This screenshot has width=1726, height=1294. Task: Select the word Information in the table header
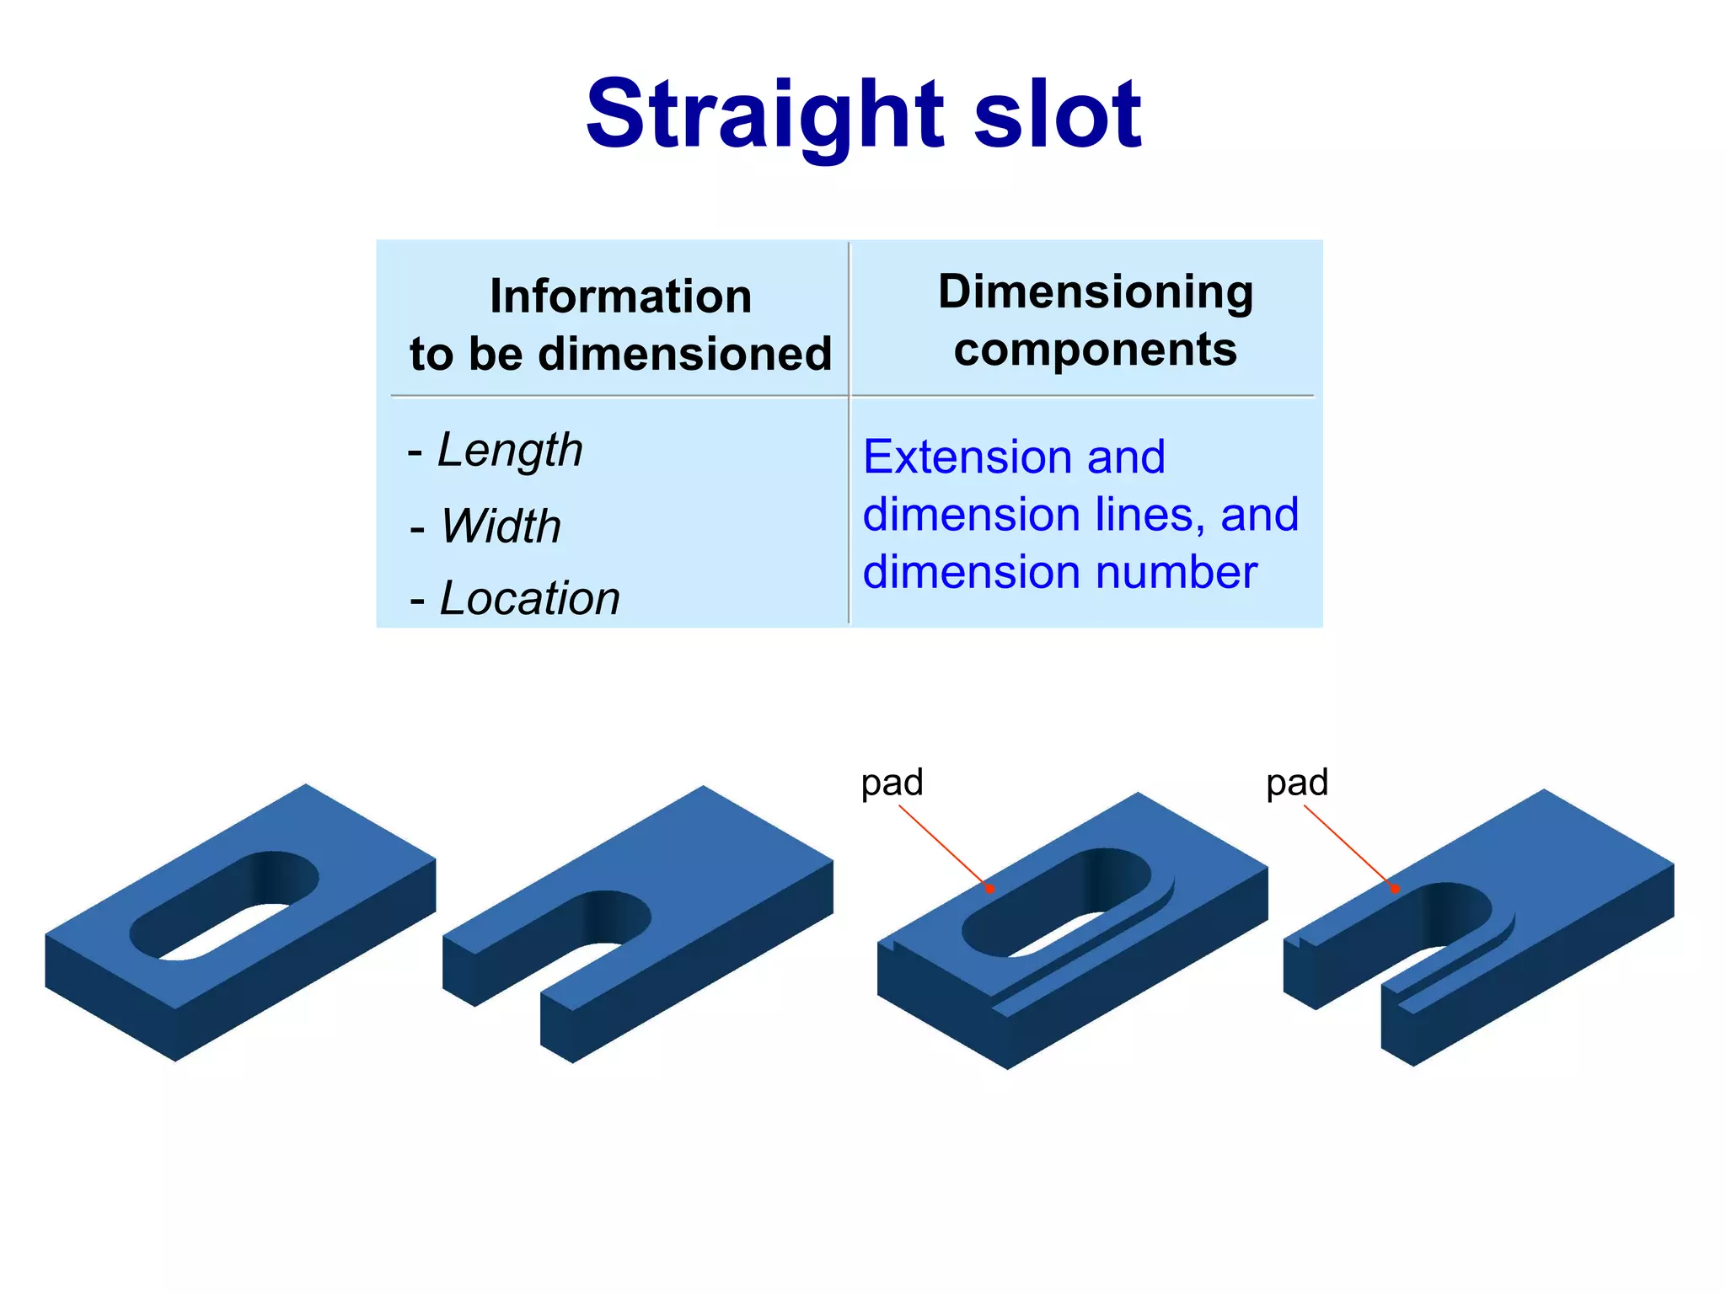[x=620, y=297]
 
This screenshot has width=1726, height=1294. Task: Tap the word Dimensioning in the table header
[x=1095, y=292]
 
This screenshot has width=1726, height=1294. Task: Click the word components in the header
[x=1095, y=350]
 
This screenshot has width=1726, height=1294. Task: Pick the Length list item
[x=509, y=450]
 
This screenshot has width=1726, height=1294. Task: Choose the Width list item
[x=500, y=527]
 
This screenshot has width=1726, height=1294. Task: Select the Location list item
[x=529, y=598]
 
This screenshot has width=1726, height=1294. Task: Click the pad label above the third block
[x=892, y=783]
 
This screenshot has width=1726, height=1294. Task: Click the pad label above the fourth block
[x=1297, y=783]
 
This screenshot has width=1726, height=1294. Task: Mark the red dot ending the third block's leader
[x=990, y=889]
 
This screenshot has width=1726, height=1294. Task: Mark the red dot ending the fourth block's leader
[x=1396, y=889]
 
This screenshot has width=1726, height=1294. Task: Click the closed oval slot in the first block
[x=224, y=906]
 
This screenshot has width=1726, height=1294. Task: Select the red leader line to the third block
[x=944, y=847]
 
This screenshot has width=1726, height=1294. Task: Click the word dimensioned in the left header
[x=684, y=354]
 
